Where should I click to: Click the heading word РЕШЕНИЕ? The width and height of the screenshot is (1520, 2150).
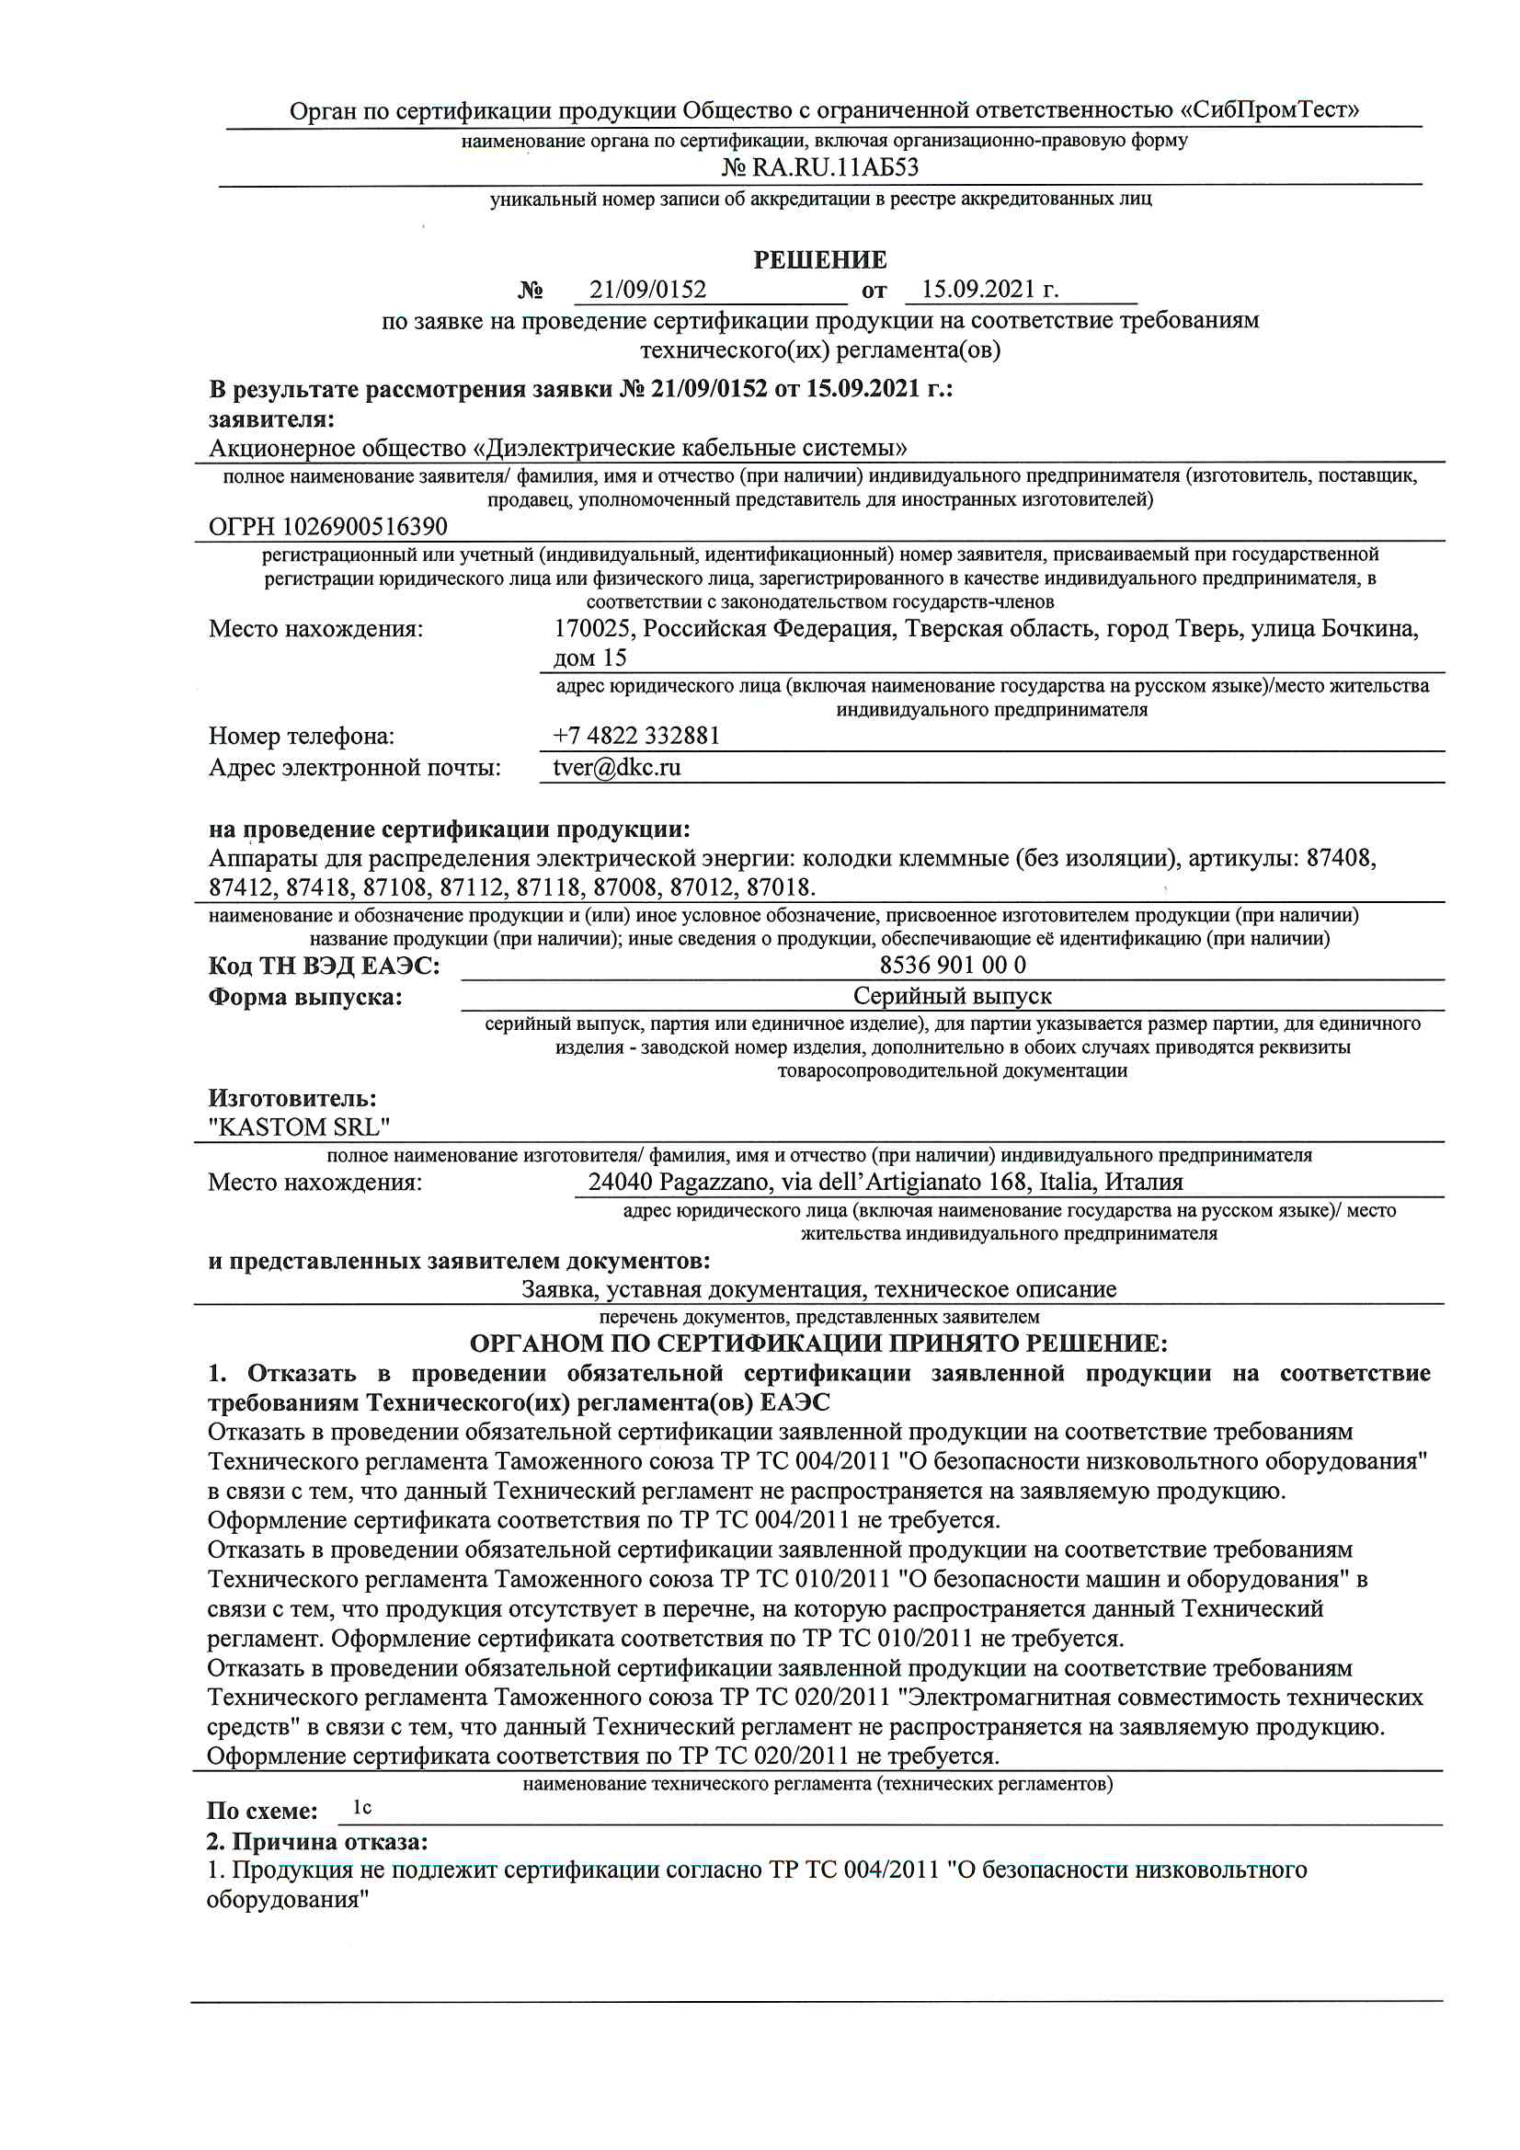pos(819,259)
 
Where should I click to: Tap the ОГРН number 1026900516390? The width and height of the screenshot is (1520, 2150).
pos(365,526)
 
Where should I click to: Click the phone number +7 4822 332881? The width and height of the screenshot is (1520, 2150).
pos(636,735)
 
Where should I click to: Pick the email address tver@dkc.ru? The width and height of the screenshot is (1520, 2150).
pos(616,767)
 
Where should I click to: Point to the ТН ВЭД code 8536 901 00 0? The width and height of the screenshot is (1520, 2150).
pos(952,965)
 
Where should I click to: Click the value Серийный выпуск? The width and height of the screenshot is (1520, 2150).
pos(952,995)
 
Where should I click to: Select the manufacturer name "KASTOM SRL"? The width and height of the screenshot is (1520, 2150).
pos(299,1126)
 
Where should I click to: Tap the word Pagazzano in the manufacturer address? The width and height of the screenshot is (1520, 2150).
pos(715,1182)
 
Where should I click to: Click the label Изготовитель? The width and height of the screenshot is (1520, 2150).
pos(292,1097)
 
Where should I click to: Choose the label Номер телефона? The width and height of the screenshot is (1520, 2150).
pos(302,736)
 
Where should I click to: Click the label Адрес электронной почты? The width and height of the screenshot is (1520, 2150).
pos(354,768)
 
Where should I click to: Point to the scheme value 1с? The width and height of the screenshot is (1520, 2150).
pos(361,1807)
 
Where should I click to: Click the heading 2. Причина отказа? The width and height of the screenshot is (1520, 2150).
pos(316,1841)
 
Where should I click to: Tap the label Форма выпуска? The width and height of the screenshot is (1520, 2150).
pos(304,996)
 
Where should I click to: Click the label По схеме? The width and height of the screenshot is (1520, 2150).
pos(261,1811)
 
